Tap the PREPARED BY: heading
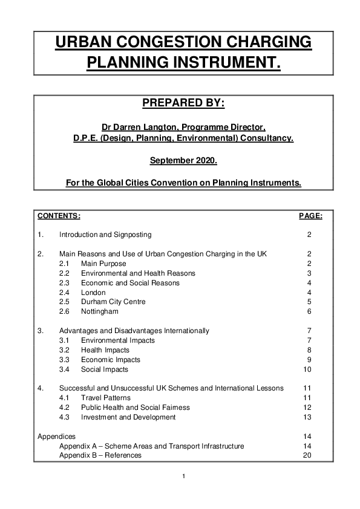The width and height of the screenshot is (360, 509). (183, 103)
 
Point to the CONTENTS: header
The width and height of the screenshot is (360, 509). (59, 216)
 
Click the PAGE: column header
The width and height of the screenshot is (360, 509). (311, 216)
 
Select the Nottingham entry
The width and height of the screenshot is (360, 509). (100, 311)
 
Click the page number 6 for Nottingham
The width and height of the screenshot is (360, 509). (309, 311)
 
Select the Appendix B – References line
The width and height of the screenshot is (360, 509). (100, 455)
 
